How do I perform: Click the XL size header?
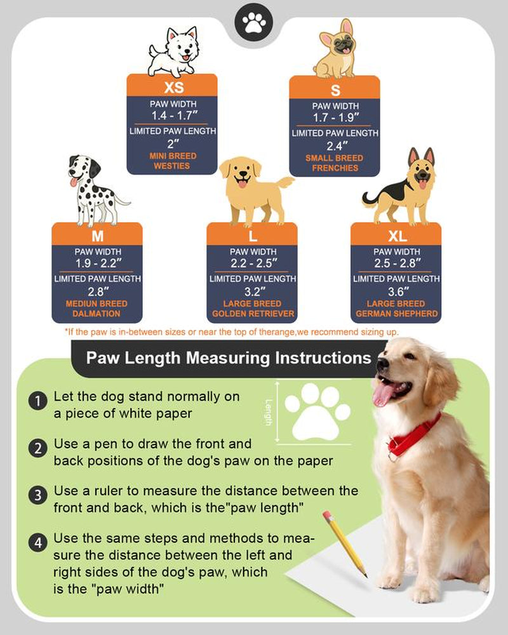point(396,236)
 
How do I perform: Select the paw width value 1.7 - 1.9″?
point(335,117)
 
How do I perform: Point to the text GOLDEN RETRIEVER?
point(252,314)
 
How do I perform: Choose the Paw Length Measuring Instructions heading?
point(229,358)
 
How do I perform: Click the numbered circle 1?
point(38,402)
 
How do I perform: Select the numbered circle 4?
point(38,543)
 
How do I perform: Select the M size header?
point(97,236)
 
